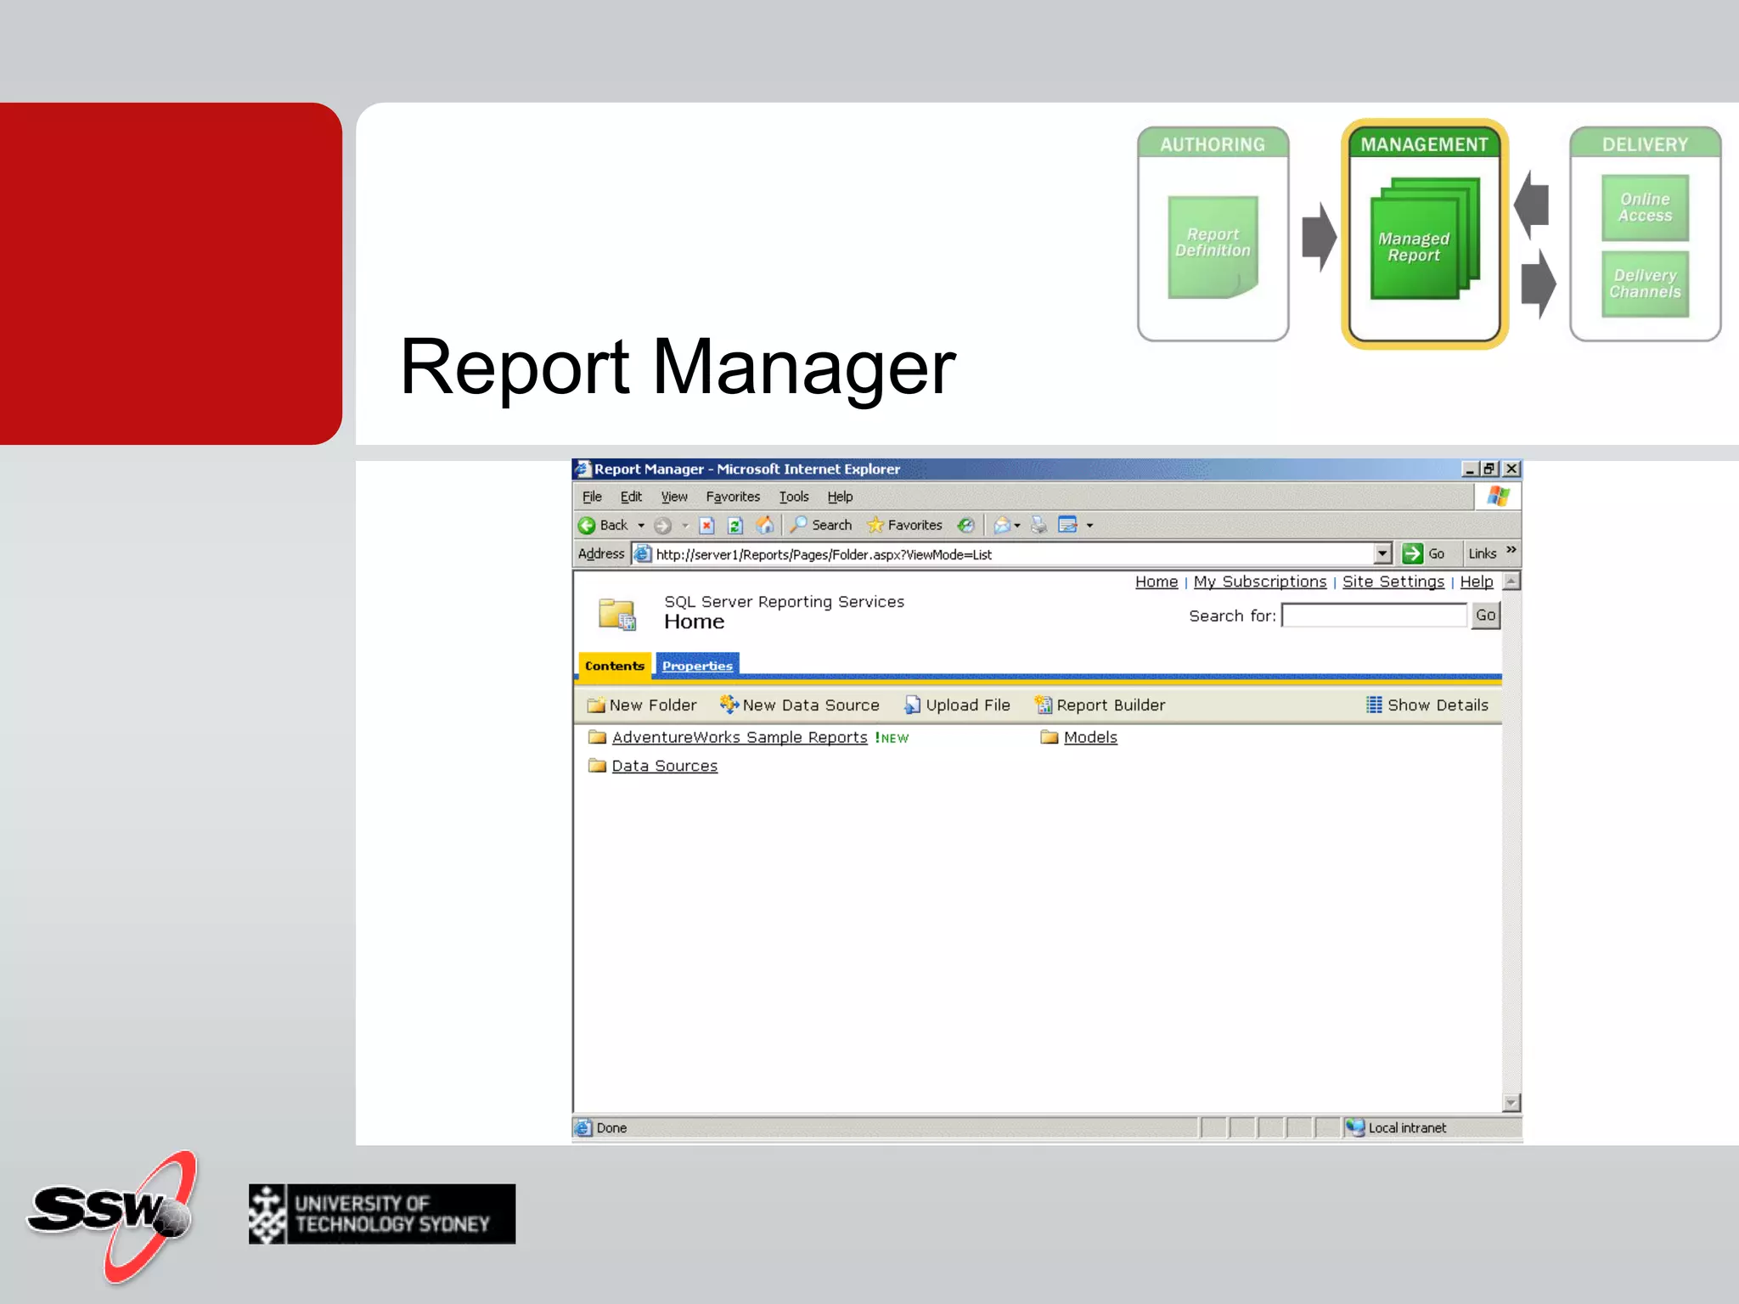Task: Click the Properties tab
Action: click(x=697, y=666)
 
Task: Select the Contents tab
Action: click(x=614, y=666)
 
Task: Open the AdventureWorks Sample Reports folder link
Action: click(x=739, y=738)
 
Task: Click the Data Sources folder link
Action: click(x=664, y=766)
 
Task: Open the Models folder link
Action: click(x=1090, y=738)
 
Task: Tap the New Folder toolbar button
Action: click(x=643, y=705)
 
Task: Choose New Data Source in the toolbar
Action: click(x=800, y=705)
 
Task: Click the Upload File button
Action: click(x=958, y=705)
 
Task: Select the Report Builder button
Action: click(x=1100, y=705)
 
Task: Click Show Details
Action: click(x=1427, y=705)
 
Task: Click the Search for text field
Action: click(x=1374, y=615)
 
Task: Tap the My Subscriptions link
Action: click(x=1259, y=582)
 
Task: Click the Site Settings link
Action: click(x=1393, y=582)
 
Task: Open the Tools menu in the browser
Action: click(x=793, y=497)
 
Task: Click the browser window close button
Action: click(x=1511, y=469)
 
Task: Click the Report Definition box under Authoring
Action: click(x=1213, y=246)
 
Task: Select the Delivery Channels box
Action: click(x=1645, y=284)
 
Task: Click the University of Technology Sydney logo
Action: click(x=382, y=1214)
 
